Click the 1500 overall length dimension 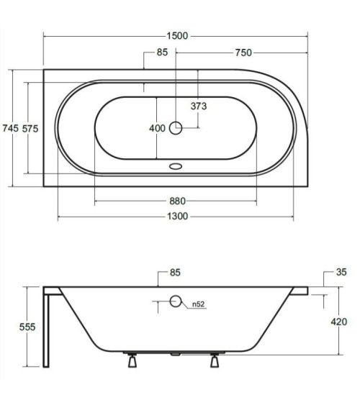coord(177,36)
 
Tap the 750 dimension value coord(243,53)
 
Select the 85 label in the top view coord(162,53)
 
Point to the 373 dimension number coord(199,106)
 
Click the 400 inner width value coord(157,128)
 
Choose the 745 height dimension coord(11,128)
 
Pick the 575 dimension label coord(30,129)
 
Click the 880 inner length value coord(178,201)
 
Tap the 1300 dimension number coord(178,217)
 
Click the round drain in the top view coord(176,128)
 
